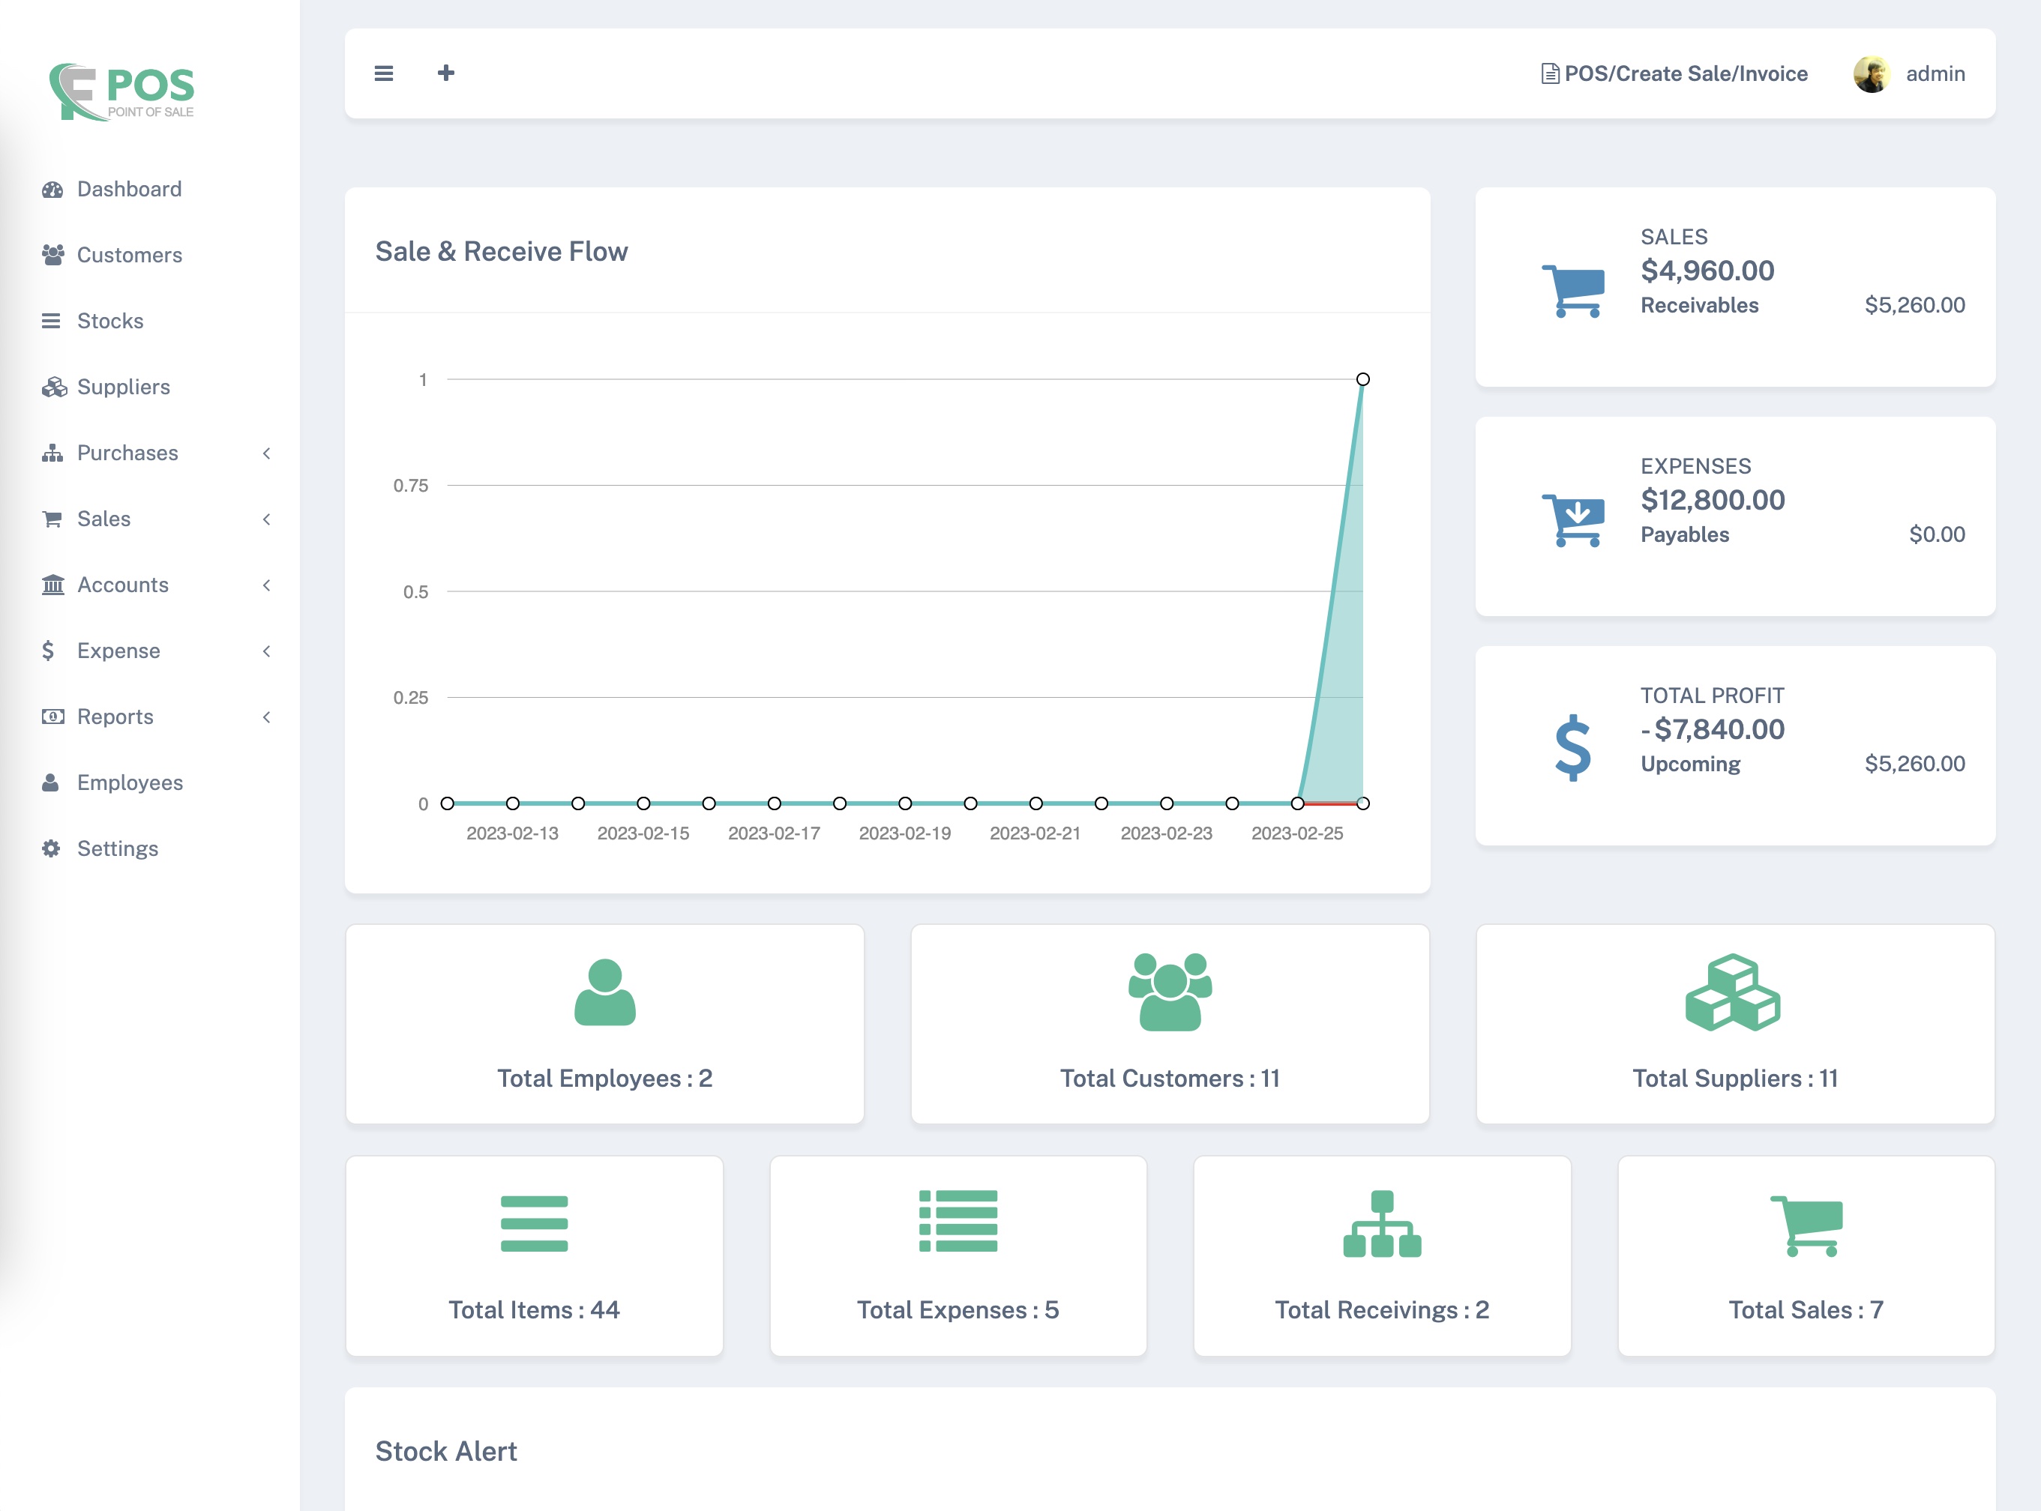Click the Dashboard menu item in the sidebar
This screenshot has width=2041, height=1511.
pos(128,190)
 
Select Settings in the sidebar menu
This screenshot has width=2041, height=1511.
pos(117,848)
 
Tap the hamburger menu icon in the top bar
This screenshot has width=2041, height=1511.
pos(383,73)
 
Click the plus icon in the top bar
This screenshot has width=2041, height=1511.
pos(445,73)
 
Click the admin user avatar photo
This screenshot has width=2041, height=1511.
pos(1871,74)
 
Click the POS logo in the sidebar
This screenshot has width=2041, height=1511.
pos(121,91)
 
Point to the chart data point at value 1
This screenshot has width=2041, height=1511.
pos(1362,379)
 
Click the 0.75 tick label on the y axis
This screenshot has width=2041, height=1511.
pos(411,486)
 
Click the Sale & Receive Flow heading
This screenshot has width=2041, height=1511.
pos(502,252)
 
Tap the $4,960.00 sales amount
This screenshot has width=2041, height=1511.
pos(1707,271)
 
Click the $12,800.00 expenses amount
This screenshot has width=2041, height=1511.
pos(1713,501)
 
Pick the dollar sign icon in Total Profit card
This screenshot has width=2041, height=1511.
pos(1572,747)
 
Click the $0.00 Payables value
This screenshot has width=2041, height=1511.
pos(1936,534)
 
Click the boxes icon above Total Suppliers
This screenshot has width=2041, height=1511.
pos(1733,992)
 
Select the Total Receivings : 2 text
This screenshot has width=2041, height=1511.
pos(1381,1310)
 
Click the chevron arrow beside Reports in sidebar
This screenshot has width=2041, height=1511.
pos(266,717)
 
